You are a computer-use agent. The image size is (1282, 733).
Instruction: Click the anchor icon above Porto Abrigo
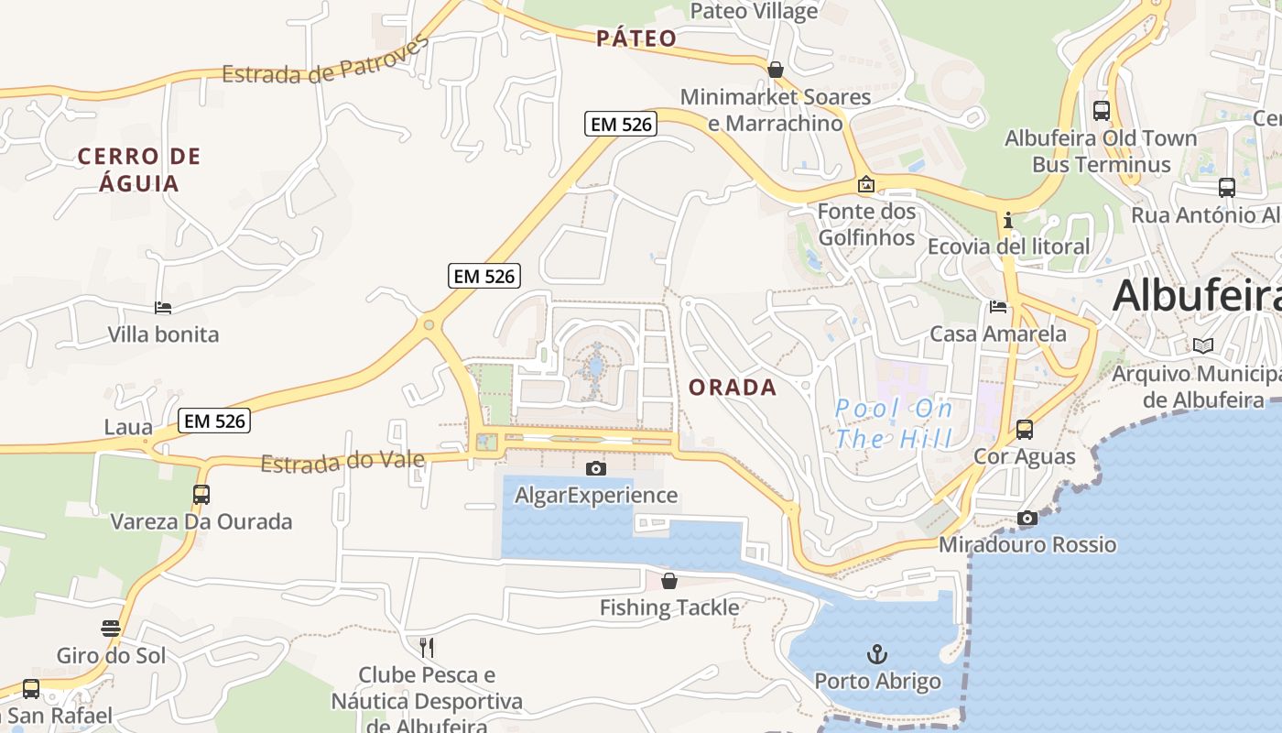[x=877, y=654]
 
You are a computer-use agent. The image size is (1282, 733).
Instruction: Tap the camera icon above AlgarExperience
[x=596, y=469]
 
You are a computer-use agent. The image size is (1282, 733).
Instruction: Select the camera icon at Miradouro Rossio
[x=1027, y=519]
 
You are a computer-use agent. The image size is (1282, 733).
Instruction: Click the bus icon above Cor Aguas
[x=1025, y=429]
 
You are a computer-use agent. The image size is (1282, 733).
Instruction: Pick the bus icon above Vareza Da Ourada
[x=201, y=495]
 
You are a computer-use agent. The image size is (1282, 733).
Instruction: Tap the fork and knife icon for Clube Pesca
[x=427, y=648]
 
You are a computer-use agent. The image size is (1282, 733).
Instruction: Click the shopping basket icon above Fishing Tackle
[x=669, y=581]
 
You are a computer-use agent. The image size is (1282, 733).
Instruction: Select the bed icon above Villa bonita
[x=163, y=308]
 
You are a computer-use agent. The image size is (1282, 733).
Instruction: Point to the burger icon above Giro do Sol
[x=111, y=629]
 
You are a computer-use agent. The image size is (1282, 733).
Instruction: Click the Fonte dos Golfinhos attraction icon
[x=865, y=185]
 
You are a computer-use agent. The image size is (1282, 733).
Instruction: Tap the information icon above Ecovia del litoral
[x=1008, y=221]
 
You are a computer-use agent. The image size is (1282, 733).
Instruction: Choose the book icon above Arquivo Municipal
[x=1203, y=346]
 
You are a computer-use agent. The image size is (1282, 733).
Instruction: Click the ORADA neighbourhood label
[x=733, y=388]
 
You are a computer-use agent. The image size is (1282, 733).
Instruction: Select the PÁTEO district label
[x=636, y=38]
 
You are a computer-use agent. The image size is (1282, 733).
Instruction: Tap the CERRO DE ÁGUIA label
[x=139, y=170]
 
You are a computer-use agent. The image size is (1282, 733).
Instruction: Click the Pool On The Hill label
[x=894, y=423]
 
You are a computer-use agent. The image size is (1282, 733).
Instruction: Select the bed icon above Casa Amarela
[x=998, y=307]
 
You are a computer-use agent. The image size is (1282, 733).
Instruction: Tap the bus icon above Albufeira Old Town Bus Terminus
[x=1102, y=111]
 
